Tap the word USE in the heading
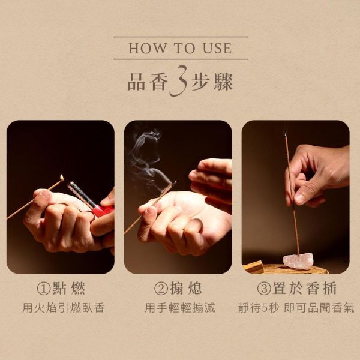217,48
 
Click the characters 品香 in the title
146,82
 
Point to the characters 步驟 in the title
212,82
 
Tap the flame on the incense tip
62,177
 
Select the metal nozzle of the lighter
81,193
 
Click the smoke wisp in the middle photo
147,156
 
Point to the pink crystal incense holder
298,262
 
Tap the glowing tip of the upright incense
286,135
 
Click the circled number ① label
44,289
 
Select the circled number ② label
161,289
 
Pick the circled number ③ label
264,289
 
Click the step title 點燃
69,289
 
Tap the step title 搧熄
186,289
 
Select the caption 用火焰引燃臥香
64,308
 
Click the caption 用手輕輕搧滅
180,308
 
